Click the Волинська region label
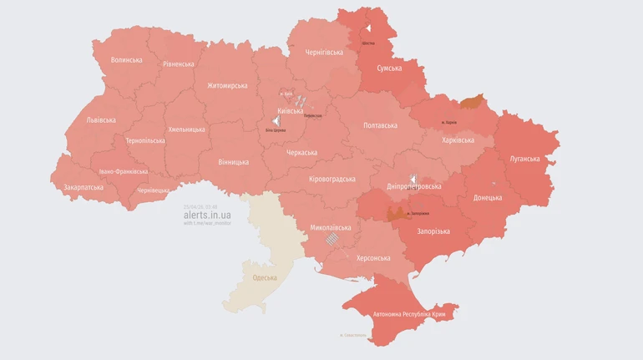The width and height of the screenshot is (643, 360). click(126, 60)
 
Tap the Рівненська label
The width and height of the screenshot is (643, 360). click(179, 63)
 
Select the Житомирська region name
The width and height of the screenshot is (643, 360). click(227, 86)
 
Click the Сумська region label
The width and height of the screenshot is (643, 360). click(389, 68)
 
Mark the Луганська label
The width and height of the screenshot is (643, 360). click(524, 159)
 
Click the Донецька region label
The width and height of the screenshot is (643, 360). click(488, 198)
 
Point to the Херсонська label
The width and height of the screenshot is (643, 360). click(373, 258)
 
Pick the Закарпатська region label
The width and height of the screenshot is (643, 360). click(84, 188)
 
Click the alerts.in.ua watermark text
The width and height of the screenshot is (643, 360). click(208, 215)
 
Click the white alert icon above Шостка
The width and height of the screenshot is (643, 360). click(367, 28)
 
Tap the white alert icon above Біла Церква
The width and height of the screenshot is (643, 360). click(276, 121)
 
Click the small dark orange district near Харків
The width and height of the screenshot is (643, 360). click(472, 102)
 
